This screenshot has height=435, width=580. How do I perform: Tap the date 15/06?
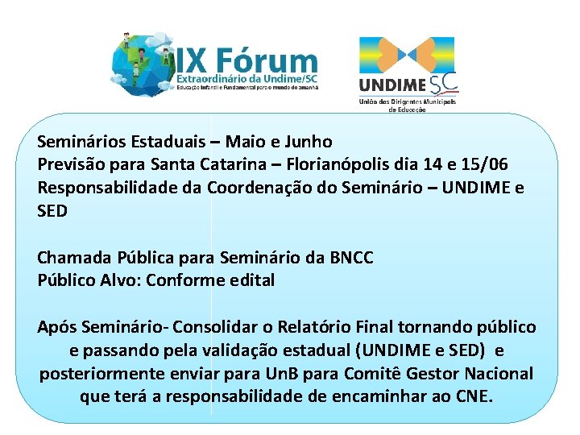coord(485,165)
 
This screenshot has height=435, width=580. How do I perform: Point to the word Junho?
coord(311,143)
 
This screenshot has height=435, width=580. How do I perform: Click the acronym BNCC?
coord(351,258)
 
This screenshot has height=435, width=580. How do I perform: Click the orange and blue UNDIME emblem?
coord(407,54)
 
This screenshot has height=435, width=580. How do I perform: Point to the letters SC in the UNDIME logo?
coord(444,84)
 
